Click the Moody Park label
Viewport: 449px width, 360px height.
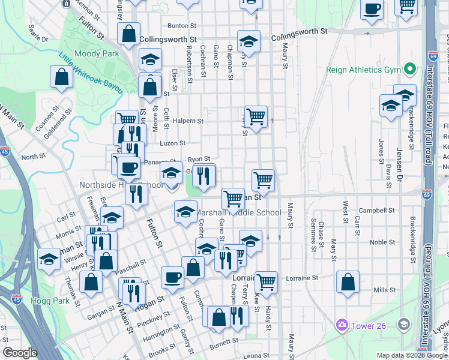(98, 54)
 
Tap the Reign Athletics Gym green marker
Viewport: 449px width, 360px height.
(411, 70)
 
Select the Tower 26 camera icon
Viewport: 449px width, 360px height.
(342, 325)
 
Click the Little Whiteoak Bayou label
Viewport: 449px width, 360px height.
(90, 76)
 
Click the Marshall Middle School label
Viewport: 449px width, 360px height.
(238, 213)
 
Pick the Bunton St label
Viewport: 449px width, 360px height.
(182, 26)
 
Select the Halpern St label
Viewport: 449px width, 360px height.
(188, 121)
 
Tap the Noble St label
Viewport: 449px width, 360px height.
(382, 242)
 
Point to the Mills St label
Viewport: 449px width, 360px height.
(382, 290)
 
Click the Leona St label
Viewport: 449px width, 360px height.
(256, 356)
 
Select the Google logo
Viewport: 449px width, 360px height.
(20, 353)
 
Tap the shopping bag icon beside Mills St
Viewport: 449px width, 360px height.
(348, 282)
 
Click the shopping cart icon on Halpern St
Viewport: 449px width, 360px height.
(256, 115)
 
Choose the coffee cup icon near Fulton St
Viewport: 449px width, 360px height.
(172, 277)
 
